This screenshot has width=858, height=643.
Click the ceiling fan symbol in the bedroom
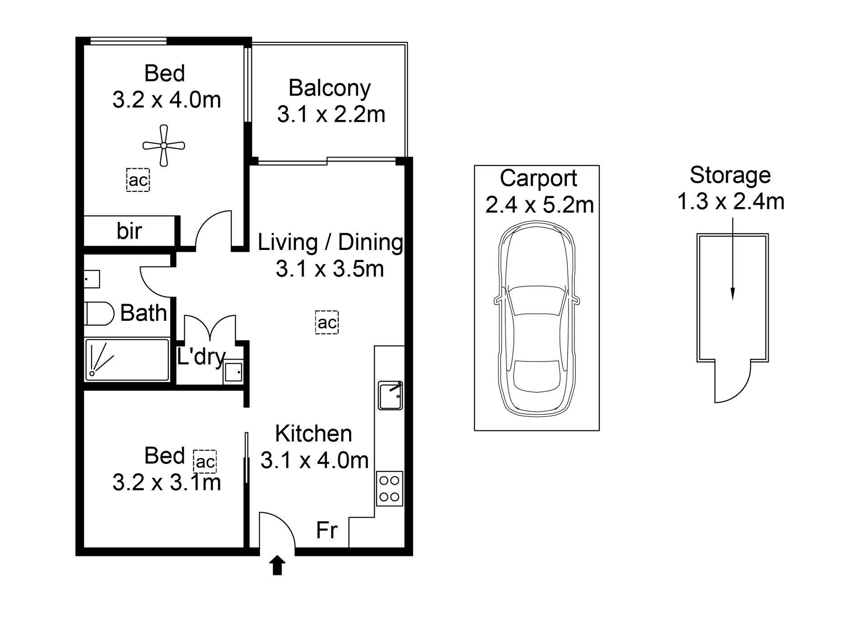[x=163, y=145]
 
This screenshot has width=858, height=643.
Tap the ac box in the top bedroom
[x=138, y=180]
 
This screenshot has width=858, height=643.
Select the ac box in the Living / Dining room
[x=327, y=322]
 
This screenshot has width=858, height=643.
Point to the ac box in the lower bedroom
[x=205, y=462]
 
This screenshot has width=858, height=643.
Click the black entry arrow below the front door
[x=277, y=565]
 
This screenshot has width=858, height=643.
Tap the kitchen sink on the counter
[x=391, y=396]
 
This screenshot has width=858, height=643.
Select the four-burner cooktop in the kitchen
[x=389, y=489]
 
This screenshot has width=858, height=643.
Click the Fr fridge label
[x=326, y=530]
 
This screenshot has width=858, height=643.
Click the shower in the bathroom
[x=127, y=360]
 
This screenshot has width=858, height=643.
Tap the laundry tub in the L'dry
[x=233, y=372]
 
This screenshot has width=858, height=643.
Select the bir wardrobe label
[x=129, y=231]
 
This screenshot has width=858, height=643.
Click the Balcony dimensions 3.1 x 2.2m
[x=331, y=114]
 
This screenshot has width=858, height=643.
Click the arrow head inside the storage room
[x=732, y=294]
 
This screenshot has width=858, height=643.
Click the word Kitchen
[x=313, y=434]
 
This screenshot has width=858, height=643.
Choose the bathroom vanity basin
[x=92, y=279]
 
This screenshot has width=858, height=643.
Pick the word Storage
[x=730, y=175]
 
